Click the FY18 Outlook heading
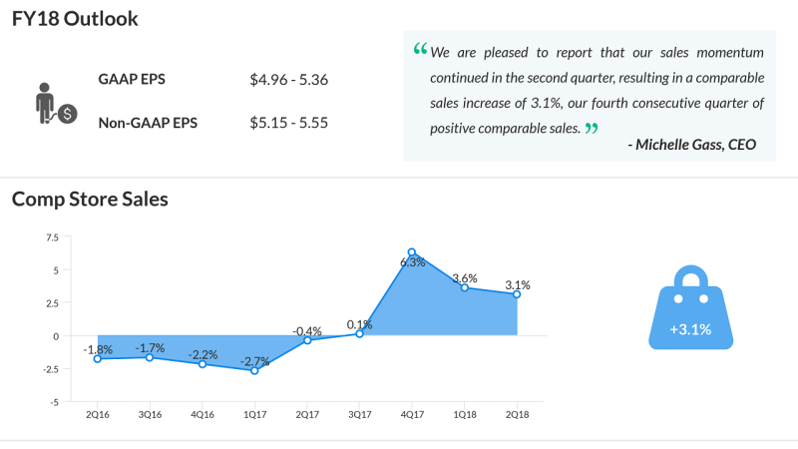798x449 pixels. pyautogui.click(x=75, y=19)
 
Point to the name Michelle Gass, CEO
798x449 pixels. pyautogui.click(x=692, y=145)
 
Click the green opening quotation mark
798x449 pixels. pyautogui.click(x=419, y=50)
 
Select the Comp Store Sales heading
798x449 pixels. pyautogui.click(x=90, y=199)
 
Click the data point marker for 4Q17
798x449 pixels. pyautogui.click(x=412, y=252)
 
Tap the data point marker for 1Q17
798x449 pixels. pyautogui.click(x=254, y=370)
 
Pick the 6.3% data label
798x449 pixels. pyautogui.click(x=413, y=262)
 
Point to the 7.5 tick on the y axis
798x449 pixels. pyautogui.click(x=52, y=237)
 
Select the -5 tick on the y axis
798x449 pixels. pyautogui.click(x=55, y=401)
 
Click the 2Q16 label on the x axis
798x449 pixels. pyautogui.click(x=98, y=413)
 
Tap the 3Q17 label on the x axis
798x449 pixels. pyautogui.click(x=359, y=413)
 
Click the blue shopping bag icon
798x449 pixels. pyautogui.click(x=690, y=308)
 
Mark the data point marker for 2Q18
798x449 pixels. pyautogui.click(x=517, y=294)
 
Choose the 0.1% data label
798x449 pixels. pyautogui.click(x=359, y=324)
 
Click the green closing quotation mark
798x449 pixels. pyautogui.click(x=592, y=129)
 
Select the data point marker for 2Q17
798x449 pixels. pyautogui.click(x=307, y=340)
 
